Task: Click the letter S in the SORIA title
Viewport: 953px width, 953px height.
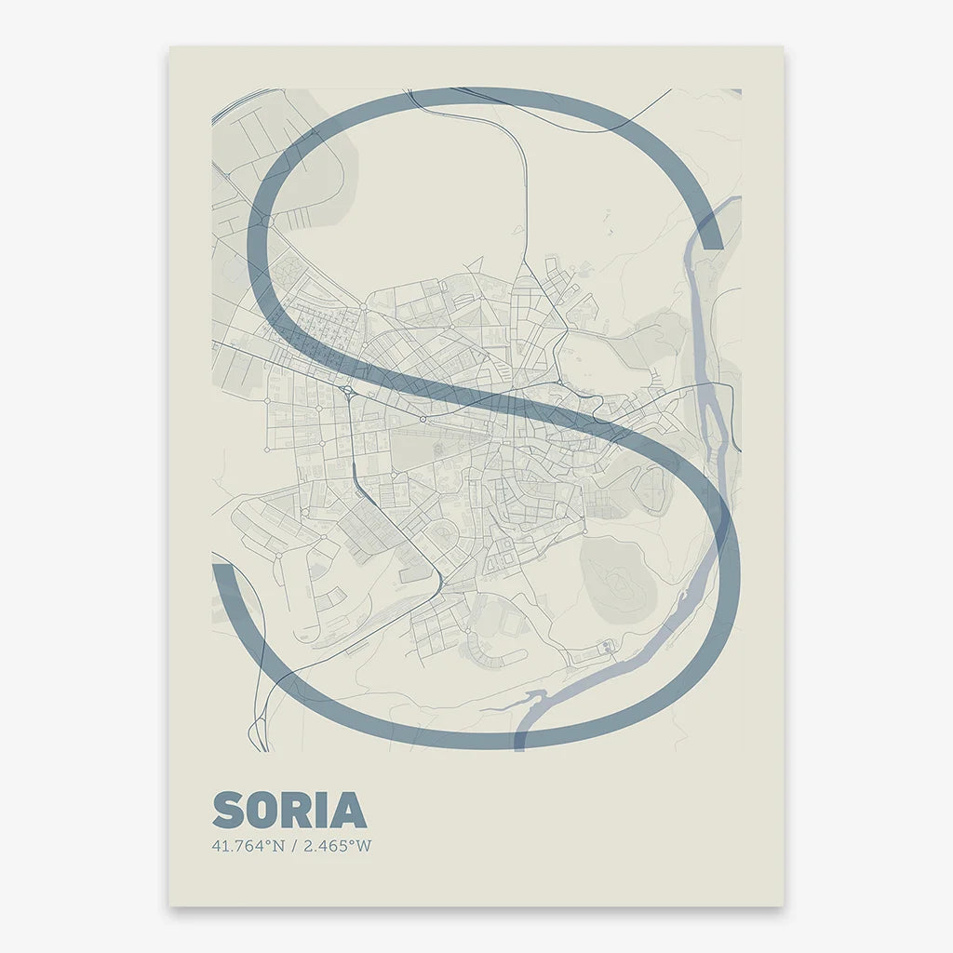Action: tap(229, 811)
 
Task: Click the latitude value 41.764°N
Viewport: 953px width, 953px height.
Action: tap(248, 846)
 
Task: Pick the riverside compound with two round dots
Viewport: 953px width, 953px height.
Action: tap(607, 645)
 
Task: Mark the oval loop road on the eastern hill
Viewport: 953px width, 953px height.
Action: tap(652, 489)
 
